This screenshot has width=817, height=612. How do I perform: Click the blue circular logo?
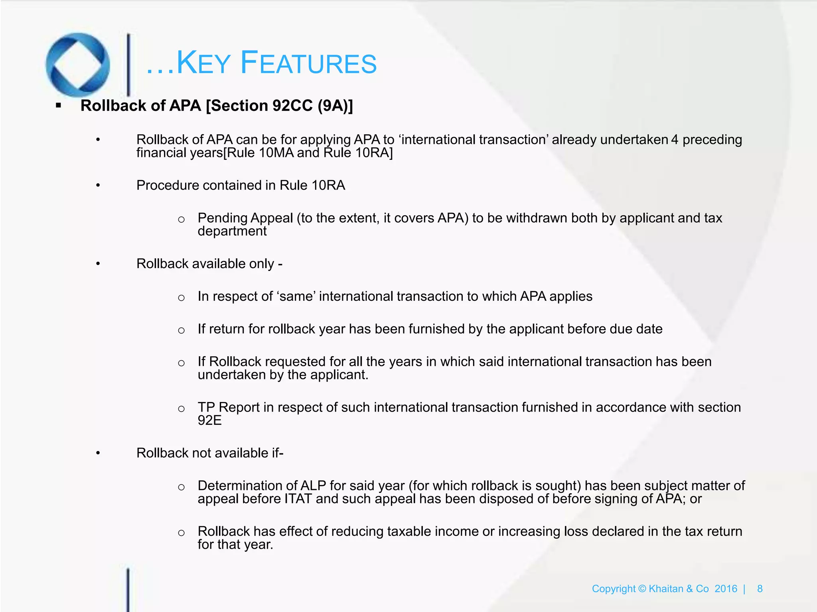click(x=78, y=65)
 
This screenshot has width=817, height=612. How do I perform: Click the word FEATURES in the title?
click(x=309, y=63)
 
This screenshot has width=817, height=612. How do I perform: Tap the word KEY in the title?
click(x=203, y=63)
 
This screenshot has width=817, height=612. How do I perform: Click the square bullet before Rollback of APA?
click(x=59, y=106)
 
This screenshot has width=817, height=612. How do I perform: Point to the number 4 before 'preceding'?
click(x=675, y=140)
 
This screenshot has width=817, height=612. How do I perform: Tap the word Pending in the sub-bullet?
click(x=222, y=218)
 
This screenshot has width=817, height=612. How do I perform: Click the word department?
click(x=232, y=231)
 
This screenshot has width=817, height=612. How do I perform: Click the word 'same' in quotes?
click(x=296, y=296)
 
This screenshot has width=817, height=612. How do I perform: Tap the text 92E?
click(x=209, y=421)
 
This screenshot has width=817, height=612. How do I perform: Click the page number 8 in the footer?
click(x=760, y=589)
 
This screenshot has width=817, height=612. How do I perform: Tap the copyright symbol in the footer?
click(x=642, y=589)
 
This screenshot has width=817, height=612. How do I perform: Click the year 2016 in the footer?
click(x=726, y=589)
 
